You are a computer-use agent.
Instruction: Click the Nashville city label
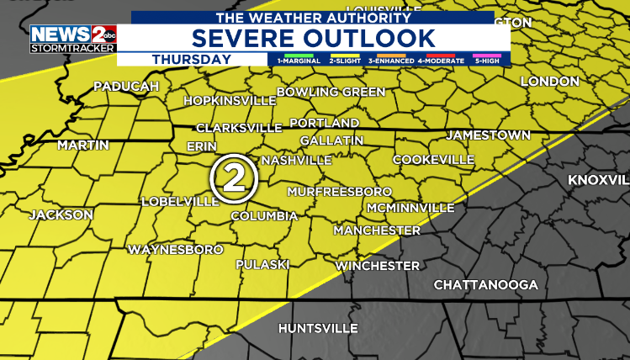coord(296,160)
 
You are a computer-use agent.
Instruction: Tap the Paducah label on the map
coord(126,86)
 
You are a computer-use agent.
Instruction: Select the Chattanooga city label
coord(485,285)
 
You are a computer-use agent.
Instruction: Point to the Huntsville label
coord(318,327)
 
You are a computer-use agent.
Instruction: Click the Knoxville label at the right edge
coord(599,181)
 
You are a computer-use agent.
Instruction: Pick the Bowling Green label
coord(331,91)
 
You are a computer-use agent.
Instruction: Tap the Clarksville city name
coord(239,128)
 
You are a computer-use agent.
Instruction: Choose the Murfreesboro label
coord(340,191)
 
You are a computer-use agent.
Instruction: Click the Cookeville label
coord(433,159)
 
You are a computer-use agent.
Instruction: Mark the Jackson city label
coord(61,214)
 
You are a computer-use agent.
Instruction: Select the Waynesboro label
coord(175,250)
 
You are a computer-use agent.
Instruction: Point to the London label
coord(550,82)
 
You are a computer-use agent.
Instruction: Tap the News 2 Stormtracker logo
coord(73,39)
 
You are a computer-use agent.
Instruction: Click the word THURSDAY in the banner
coord(192,59)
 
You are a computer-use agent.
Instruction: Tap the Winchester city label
coord(378,266)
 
